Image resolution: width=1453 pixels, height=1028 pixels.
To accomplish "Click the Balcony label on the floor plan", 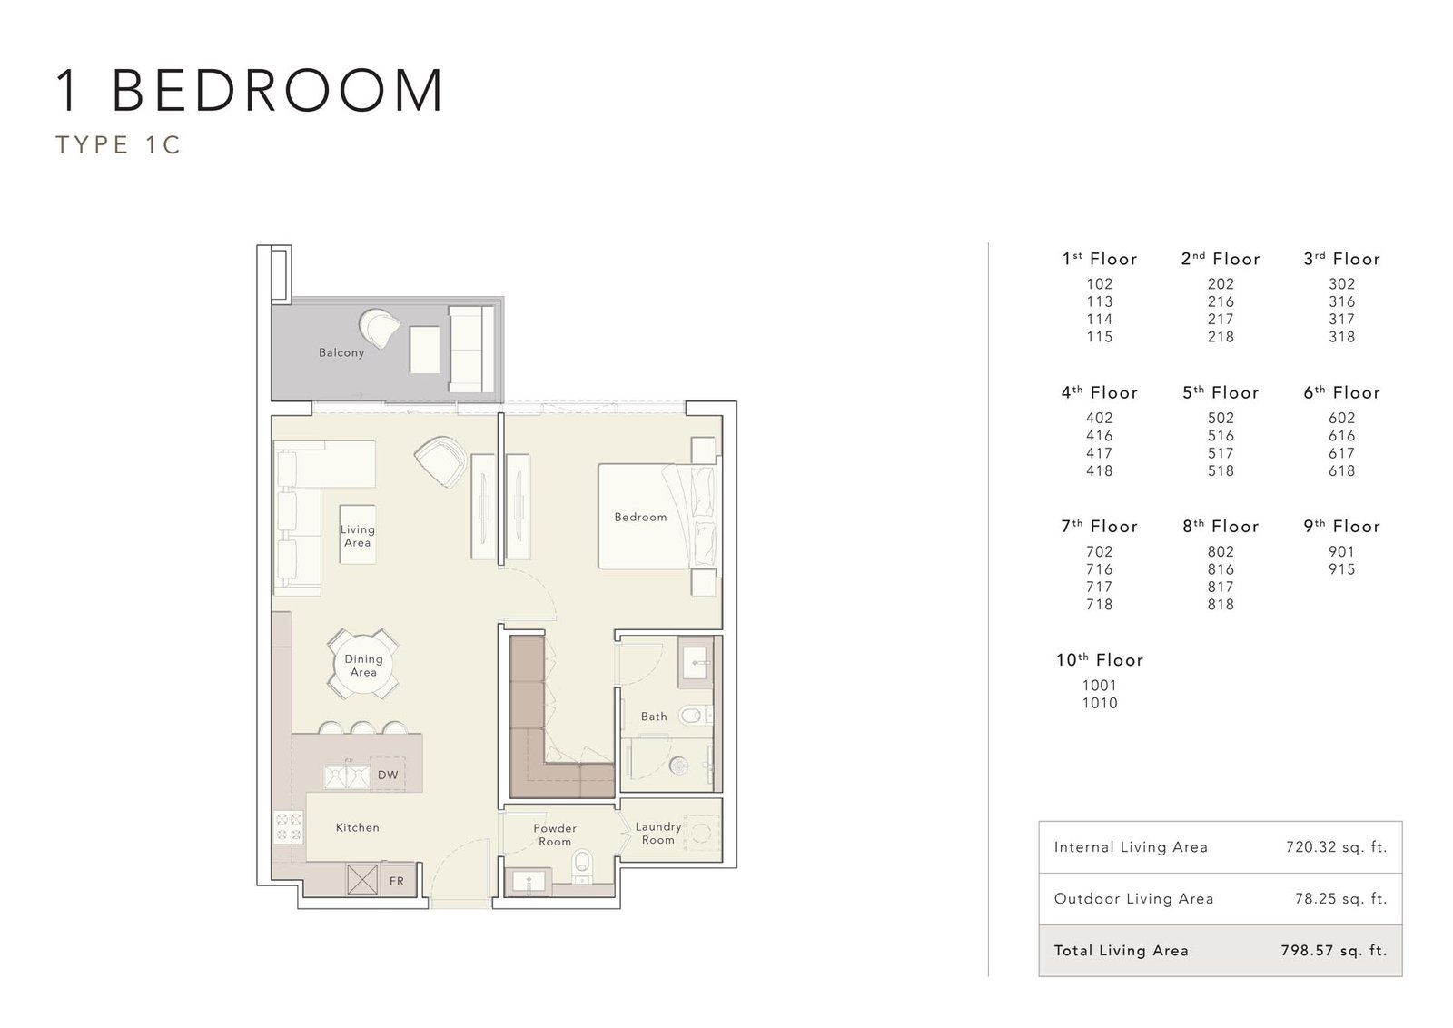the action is click(x=341, y=353).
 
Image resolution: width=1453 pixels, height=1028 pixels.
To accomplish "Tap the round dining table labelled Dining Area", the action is click(x=363, y=664).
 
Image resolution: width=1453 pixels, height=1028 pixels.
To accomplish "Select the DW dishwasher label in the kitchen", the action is click(x=387, y=775).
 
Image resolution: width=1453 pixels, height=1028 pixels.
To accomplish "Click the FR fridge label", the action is click(x=396, y=881).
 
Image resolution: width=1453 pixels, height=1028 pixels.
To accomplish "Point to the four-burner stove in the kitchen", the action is click(x=289, y=827).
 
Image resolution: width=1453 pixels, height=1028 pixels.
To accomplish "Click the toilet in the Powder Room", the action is click(x=582, y=866).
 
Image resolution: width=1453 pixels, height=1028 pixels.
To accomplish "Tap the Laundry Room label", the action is click(x=657, y=834).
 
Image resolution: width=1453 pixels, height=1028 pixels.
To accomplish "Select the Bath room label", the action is click(x=654, y=717).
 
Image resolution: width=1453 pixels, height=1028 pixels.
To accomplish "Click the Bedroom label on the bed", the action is click(x=640, y=517).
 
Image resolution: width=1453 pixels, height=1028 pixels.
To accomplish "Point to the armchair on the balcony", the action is click(x=380, y=329).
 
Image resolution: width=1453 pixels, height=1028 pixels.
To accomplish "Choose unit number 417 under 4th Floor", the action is click(x=1100, y=453).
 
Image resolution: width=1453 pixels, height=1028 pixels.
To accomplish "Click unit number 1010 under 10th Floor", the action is click(x=1100, y=703).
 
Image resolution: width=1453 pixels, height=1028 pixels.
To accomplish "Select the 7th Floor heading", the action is click(x=1100, y=526).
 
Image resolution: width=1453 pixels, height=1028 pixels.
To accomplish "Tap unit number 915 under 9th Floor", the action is click(x=1341, y=569).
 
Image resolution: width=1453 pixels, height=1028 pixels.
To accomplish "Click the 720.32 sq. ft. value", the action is click(x=1336, y=847).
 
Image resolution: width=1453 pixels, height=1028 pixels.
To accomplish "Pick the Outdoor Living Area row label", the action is click(x=1133, y=899).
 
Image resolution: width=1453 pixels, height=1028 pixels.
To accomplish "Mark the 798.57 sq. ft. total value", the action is click(x=1334, y=951).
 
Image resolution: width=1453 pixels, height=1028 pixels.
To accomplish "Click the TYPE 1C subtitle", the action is click(x=118, y=144).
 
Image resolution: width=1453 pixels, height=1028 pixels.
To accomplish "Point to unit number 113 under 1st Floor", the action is click(x=1100, y=301).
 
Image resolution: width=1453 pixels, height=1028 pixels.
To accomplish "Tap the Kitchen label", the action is click(x=358, y=827).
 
